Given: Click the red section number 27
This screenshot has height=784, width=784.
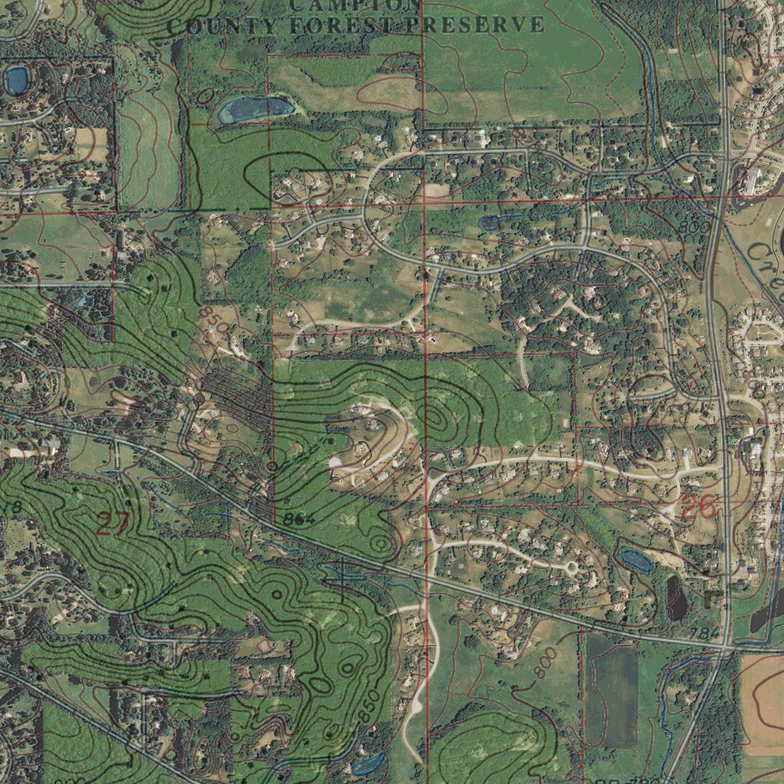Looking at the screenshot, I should click(x=113, y=523).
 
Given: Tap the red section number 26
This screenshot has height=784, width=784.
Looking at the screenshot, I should click(x=697, y=506).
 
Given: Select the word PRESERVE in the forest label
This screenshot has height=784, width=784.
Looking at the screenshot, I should click(x=475, y=25).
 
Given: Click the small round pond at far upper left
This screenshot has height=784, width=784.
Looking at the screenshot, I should click(x=17, y=79).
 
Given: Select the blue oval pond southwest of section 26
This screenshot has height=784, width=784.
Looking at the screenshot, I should click(x=635, y=560).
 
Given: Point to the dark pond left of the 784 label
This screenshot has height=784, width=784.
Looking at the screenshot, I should click(x=677, y=598).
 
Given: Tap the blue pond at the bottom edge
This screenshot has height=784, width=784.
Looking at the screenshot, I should click(x=367, y=763).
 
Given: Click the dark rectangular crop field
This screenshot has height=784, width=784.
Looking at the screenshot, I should click(x=611, y=694).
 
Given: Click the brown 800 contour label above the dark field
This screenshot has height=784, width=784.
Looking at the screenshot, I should click(x=542, y=663).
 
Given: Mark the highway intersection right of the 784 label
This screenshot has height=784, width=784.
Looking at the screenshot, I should click(x=724, y=648).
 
